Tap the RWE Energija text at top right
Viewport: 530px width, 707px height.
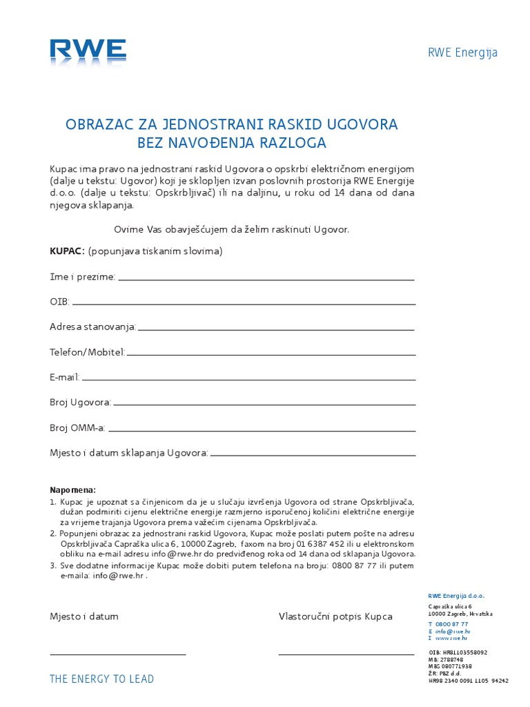[462, 53]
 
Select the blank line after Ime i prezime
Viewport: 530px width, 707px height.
[266, 280]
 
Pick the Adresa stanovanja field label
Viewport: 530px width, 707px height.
[92, 326]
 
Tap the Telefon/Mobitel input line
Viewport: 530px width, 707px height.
[271, 355]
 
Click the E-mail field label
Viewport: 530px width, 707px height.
[65, 377]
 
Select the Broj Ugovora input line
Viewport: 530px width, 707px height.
[264, 405]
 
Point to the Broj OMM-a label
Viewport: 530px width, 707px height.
[77, 428]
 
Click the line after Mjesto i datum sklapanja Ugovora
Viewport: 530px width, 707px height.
[313, 456]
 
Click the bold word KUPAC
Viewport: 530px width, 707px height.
[66, 251]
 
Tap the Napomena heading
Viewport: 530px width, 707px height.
[73, 490]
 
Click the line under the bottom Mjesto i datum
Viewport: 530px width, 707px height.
[117, 654]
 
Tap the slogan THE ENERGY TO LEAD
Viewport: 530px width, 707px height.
[101, 679]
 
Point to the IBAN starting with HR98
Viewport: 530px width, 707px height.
[468, 681]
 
